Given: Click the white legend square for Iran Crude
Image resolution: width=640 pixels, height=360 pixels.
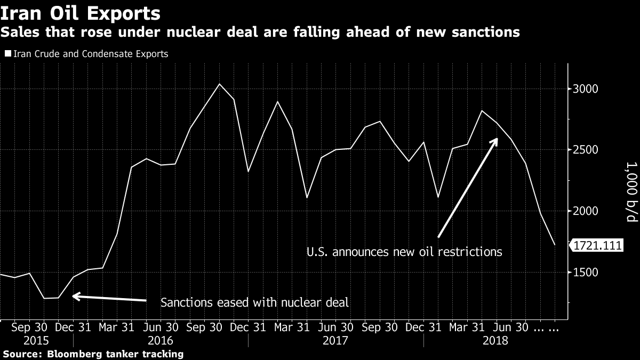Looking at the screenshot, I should click(7, 54).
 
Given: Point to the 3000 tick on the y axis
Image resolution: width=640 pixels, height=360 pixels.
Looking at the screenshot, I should click(586, 89).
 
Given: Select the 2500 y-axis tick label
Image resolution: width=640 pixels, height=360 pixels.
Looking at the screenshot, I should click(586, 150).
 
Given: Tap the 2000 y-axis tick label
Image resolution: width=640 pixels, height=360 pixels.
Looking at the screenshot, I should click(586, 211).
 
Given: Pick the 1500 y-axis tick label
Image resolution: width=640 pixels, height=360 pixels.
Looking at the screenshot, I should click(586, 273).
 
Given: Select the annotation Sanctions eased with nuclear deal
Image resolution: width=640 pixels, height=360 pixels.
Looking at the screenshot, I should click(254, 303).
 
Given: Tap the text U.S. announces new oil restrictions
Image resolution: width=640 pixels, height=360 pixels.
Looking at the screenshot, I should click(404, 251).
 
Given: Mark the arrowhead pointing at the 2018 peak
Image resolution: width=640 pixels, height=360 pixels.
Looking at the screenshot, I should click(496, 140).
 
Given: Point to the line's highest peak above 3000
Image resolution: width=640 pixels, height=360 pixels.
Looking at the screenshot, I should click(219, 84).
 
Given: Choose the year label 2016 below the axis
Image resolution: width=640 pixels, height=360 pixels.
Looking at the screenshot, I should click(161, 340).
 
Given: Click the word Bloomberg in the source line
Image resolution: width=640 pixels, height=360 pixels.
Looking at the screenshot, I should click(71, 354).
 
